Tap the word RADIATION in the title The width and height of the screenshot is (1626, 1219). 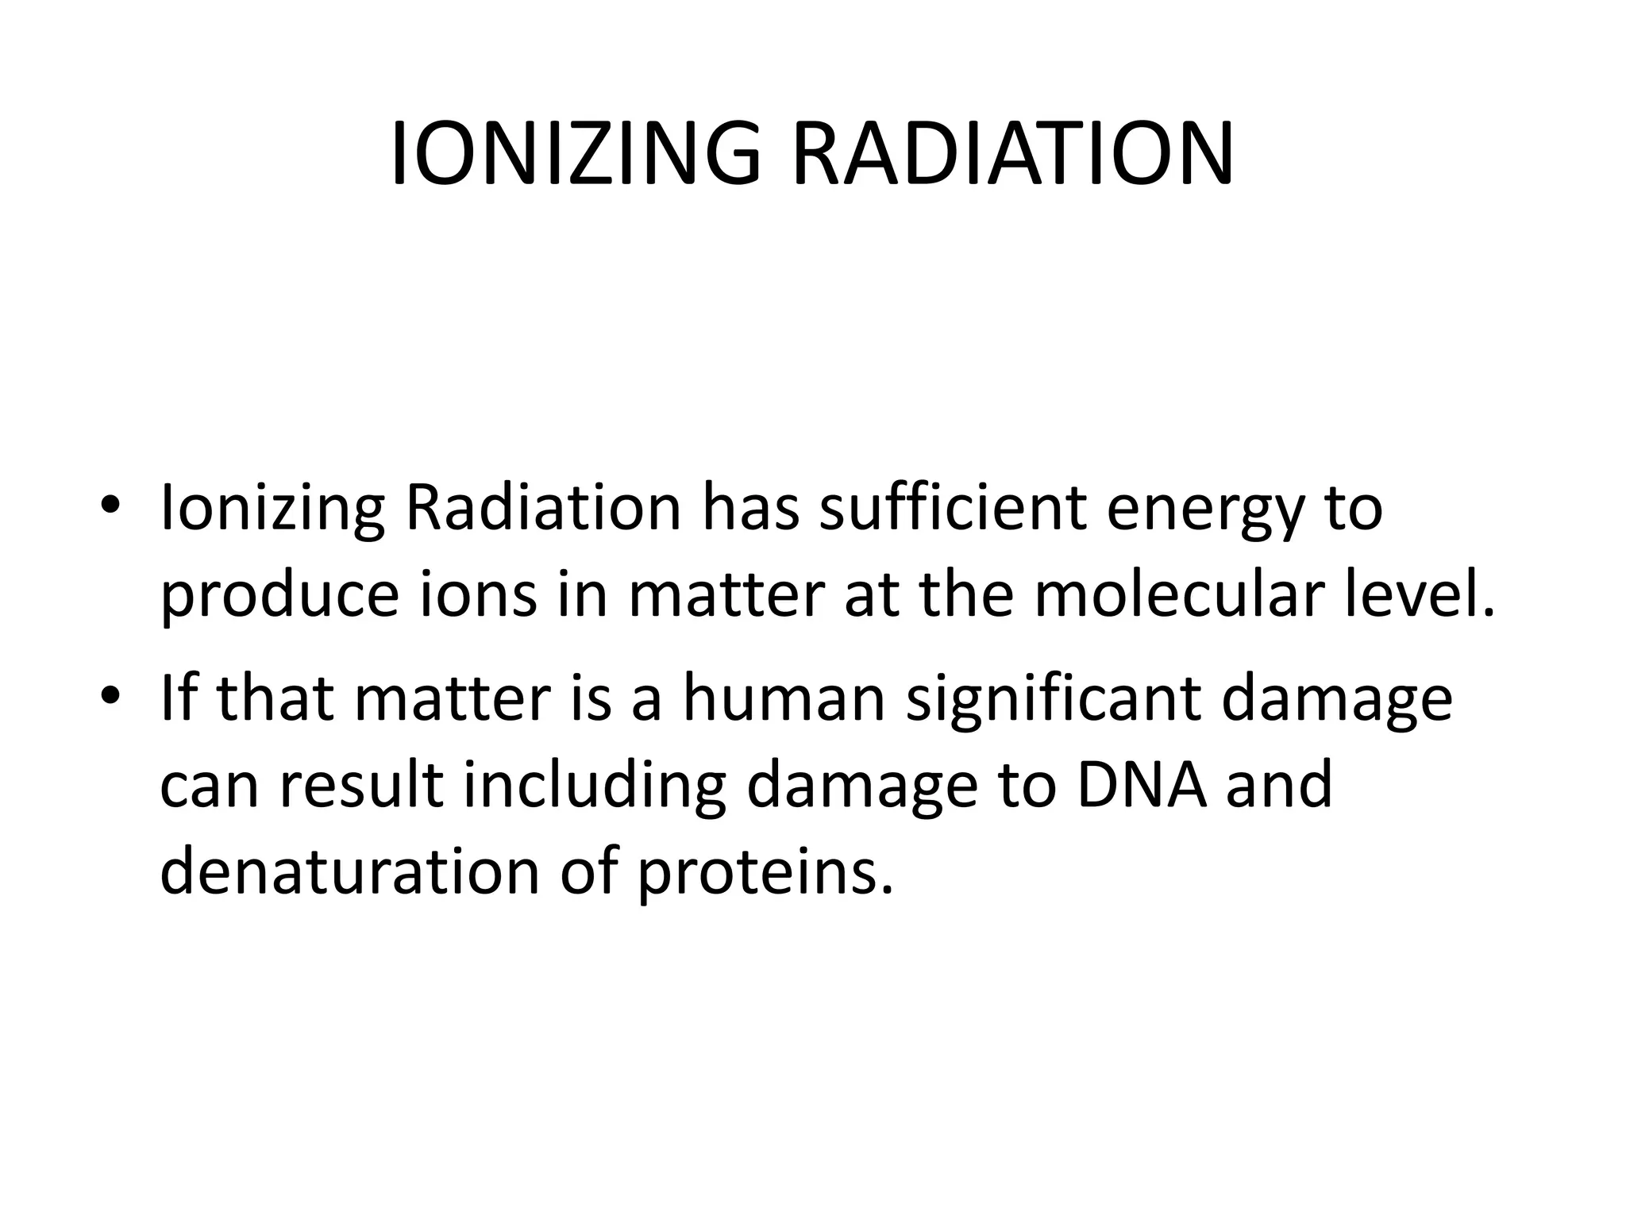(x=1013, y=154)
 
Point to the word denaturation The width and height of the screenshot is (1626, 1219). (x=350, y=871)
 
